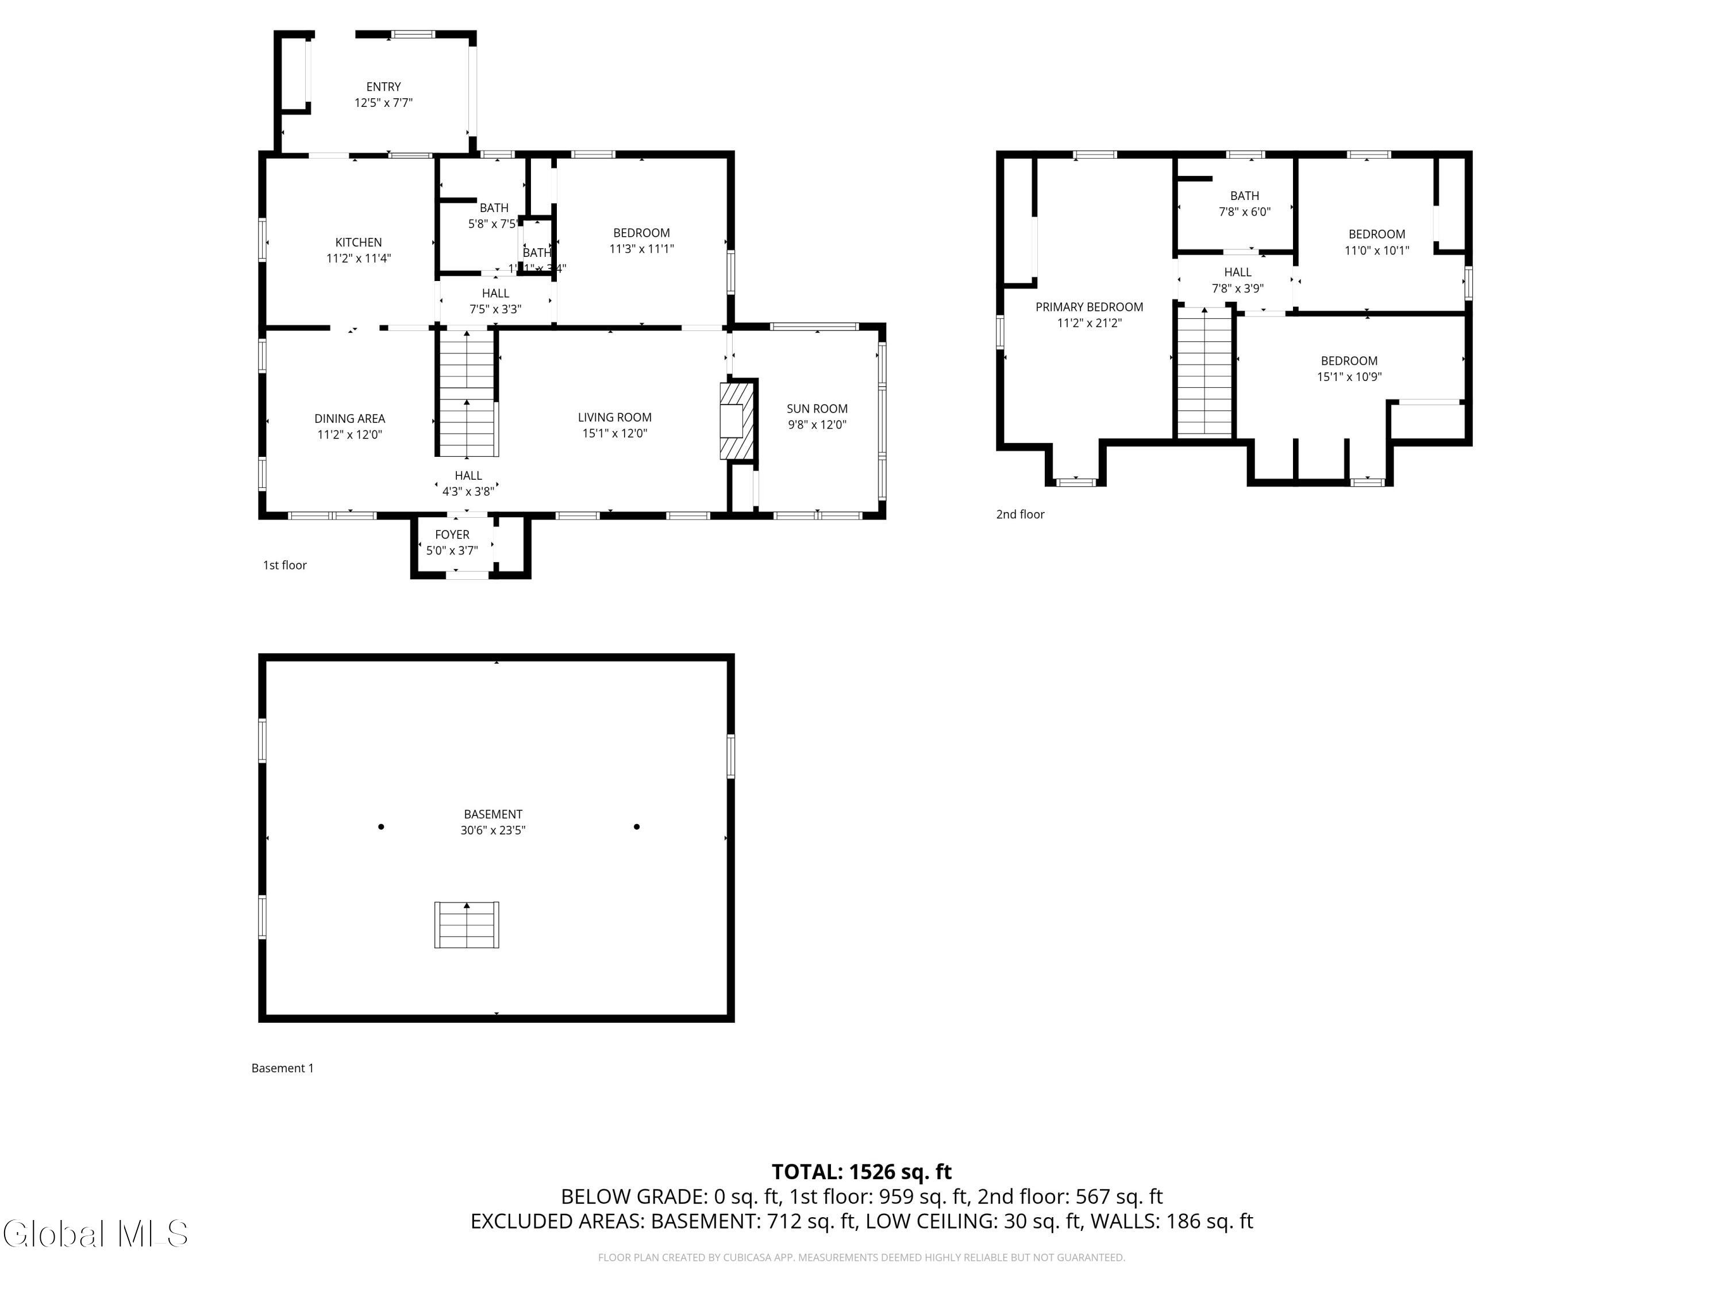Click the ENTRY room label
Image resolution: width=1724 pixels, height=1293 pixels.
(383, 87)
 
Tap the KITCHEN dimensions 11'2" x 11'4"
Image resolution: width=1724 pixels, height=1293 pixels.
(359, 258)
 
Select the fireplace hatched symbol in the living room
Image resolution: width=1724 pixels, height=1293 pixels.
(737, 421)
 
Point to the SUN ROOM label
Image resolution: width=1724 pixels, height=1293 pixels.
(817, 409)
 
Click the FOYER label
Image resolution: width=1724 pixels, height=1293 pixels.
(452, 534)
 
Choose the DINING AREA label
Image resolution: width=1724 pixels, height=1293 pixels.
(349, 418)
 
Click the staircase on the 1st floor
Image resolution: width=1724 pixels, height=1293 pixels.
(467, 394)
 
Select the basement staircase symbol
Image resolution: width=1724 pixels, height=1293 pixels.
(467, 925)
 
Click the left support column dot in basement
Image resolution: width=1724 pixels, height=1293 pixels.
(381, 826)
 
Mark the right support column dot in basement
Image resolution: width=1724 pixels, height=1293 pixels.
(637, 826)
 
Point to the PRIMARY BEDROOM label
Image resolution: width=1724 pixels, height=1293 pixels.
(1089, 307)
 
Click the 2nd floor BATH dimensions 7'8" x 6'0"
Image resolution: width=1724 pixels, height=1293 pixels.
(1245, 212)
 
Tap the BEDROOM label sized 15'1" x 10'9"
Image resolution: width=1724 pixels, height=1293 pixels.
(1349, 361)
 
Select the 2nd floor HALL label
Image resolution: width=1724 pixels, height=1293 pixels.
(1238, 272)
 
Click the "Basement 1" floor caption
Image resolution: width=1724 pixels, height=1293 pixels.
(282, 1068)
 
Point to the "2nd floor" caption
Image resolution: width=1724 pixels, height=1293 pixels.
(1020, 514)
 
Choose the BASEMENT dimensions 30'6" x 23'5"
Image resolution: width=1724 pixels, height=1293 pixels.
(492, 830)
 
